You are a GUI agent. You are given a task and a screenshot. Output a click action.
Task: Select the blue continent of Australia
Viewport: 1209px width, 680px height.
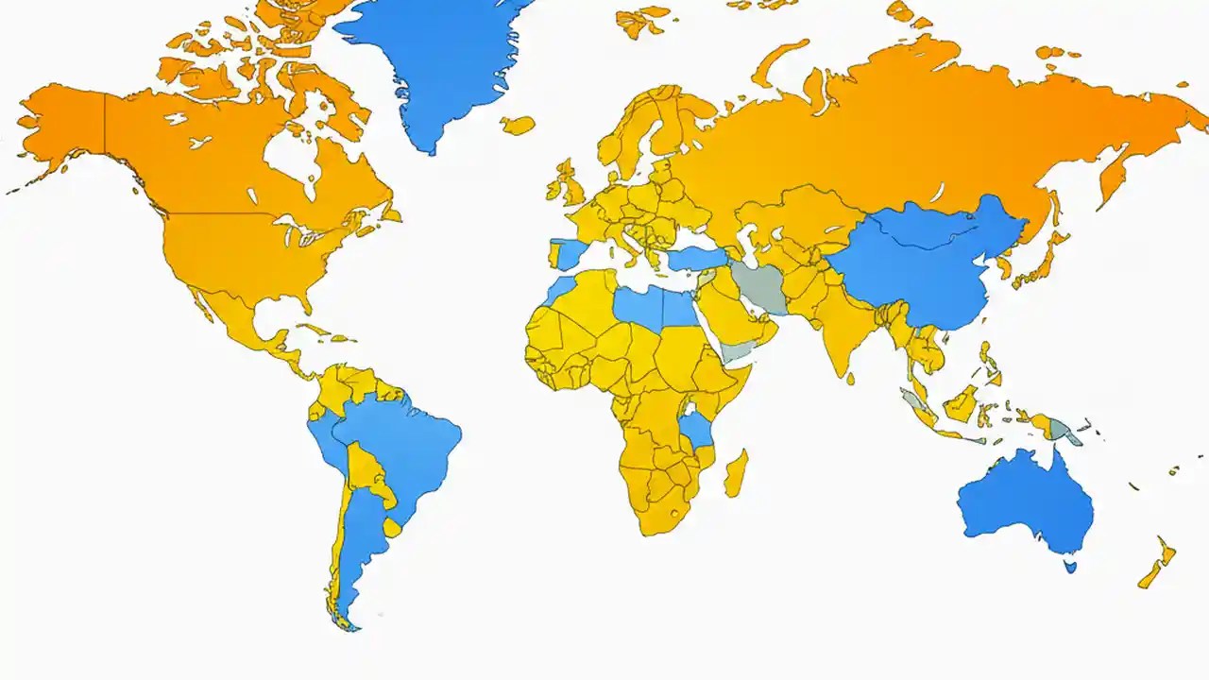(1025, 501)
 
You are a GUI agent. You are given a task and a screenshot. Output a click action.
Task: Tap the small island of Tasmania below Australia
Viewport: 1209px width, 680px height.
(1070, 567)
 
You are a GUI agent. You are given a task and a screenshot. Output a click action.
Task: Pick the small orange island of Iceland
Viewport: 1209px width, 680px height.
(518, 125)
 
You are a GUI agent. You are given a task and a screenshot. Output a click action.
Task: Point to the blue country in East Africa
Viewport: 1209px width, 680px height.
(698, 430)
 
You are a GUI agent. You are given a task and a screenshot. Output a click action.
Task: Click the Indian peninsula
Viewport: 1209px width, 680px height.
(841, 331)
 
